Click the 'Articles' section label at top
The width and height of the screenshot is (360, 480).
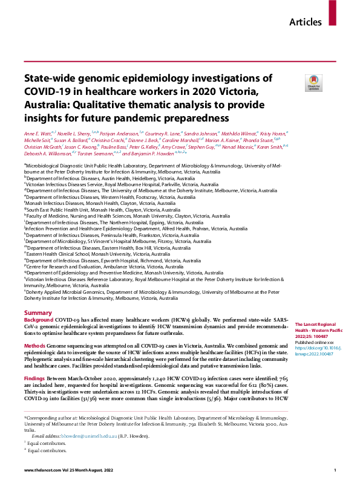click(x=306, y=22)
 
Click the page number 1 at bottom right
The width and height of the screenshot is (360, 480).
click(x=335, y=470)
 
